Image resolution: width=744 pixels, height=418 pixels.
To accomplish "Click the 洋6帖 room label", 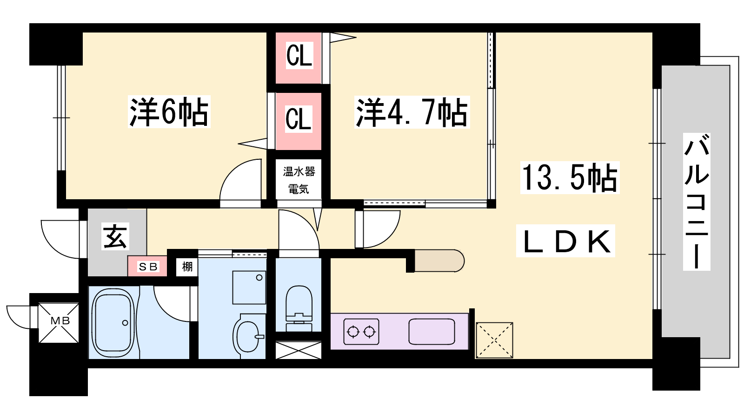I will click(169, 112).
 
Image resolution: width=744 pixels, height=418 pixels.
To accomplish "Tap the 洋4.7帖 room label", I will click(412, 112).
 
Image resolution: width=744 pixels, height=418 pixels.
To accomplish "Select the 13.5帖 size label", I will click(570, 178).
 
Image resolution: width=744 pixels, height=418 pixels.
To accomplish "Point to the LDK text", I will click(566, 242).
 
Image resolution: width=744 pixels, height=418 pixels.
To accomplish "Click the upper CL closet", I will click(299, 57).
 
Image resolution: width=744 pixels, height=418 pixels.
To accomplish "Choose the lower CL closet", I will click(299, 119).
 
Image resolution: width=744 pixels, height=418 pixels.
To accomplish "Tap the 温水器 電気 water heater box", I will click(299, 180).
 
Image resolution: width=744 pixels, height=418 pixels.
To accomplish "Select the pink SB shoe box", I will click(148, 267).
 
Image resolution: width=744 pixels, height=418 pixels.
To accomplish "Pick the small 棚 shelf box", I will click(187, 267).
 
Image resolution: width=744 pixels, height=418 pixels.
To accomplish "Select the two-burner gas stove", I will click(361, 332).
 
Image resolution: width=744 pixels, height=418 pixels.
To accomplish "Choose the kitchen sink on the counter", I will click(432, 332).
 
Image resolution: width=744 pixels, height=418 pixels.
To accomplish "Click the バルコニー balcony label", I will click(697, 202).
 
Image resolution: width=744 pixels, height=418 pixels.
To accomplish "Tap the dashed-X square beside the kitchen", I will click(494, 340).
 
